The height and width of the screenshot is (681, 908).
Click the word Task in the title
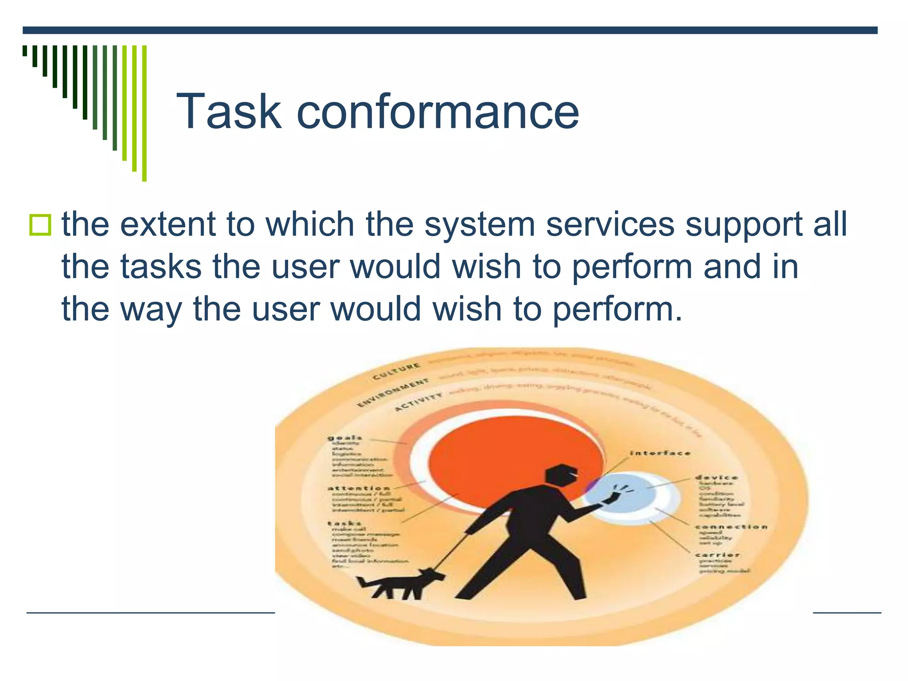click(229, 112)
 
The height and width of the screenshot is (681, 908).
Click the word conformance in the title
click(437, 112)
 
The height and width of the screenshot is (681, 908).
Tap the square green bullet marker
click(40, 225)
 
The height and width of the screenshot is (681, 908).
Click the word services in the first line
click(610, 224)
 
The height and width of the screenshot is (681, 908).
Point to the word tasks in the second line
click(161, 267)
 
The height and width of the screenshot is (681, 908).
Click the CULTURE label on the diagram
click(396, 372)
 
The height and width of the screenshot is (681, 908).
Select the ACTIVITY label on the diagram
click(418, 402)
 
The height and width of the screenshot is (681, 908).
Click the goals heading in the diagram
click(345, 438)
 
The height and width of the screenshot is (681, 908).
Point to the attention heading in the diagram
click(359, 488)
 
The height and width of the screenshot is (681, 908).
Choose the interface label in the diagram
click(660, 453)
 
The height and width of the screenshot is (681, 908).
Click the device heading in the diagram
click(716, 477)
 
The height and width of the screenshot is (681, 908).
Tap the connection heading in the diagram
click(731, 527)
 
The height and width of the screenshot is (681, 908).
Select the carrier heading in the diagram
click(717, 555)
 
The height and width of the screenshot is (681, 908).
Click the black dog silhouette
click(399, 583)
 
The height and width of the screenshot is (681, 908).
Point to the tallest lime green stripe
click(144, 113)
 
